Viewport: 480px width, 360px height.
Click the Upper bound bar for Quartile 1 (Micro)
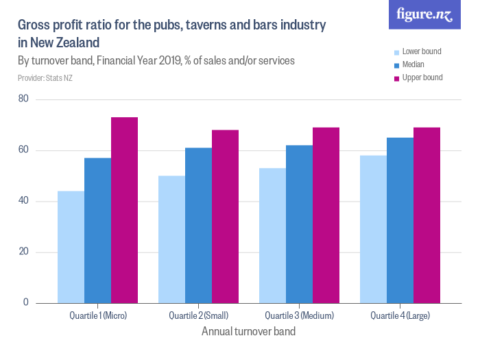(125, 210)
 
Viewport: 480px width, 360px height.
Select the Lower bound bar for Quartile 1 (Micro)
(71, 247)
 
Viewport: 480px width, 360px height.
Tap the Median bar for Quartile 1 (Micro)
(97, 230)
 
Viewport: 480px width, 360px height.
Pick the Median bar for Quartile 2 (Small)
(198, 225)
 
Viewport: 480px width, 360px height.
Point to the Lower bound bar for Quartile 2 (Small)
(171, 239)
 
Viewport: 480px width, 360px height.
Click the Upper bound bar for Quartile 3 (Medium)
(326, 215)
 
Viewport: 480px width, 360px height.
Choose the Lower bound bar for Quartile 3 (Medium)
(272, 235)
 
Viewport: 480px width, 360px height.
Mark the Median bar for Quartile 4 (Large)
(400, 220)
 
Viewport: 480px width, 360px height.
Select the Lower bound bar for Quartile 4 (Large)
(373, 229)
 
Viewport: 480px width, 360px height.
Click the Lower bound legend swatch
(396, 52)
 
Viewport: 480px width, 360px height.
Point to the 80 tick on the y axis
(23, 99)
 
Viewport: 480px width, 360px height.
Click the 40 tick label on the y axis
(23, 201)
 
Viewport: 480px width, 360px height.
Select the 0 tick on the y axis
(26, 302)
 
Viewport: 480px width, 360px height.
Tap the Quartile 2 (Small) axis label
(198, 316)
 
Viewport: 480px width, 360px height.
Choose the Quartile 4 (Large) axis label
(400, 316)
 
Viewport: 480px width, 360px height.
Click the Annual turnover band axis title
(248, 331)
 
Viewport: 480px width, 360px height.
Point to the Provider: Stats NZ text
(45, 78)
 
